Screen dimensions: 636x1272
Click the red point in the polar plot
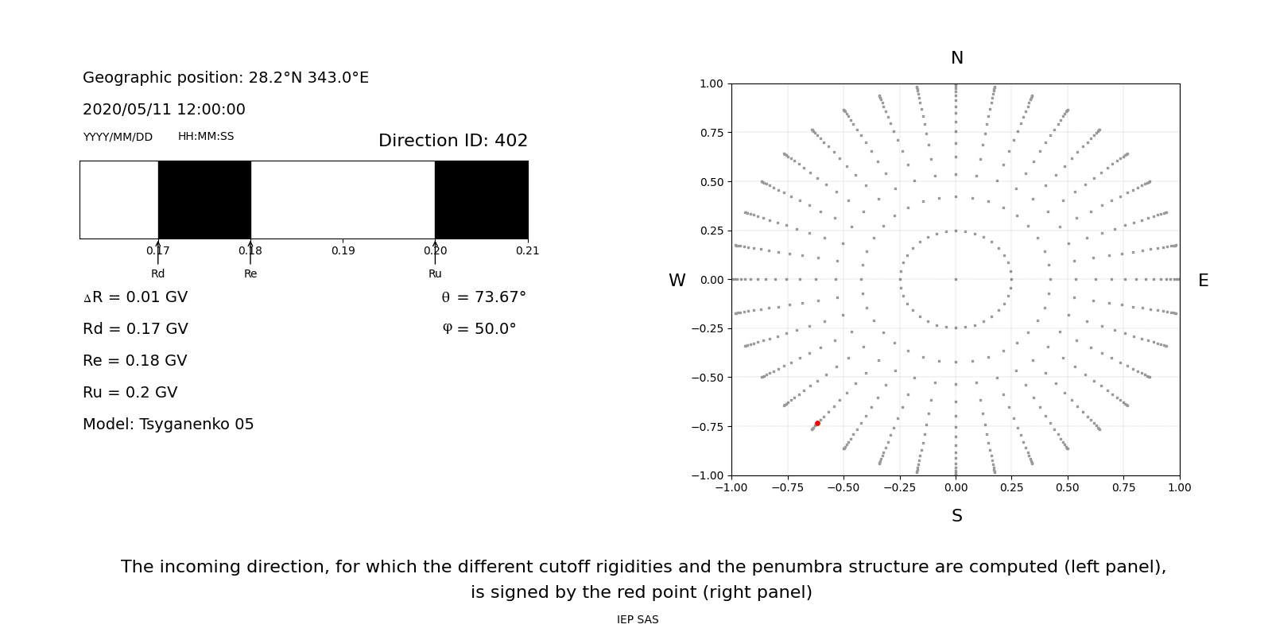(817, 424)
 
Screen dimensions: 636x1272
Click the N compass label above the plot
(956, 58)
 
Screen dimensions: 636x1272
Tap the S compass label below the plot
(956, 516)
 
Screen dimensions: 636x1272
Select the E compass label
(1203, 281)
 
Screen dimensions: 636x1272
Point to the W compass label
(677, 281)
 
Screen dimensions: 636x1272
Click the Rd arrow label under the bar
(157, 274)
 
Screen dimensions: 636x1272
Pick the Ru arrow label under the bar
(435, 274)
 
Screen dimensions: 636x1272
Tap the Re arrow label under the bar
(250, 274)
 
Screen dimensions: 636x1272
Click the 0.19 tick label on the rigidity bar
(343, 251)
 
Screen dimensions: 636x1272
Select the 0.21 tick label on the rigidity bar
(527, 251)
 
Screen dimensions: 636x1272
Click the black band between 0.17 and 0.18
(204, 200)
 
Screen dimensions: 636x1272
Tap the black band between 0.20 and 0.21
(481, 200)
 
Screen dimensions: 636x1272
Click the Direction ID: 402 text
(453, 141)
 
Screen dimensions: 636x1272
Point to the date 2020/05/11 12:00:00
(164, 110)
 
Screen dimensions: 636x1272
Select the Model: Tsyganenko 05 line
(169, 425)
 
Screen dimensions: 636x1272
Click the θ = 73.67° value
(483, 297)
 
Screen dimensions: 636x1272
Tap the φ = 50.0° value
(479, 329)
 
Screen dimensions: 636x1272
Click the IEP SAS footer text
(638, 620)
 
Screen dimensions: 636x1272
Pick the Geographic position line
(226, 78)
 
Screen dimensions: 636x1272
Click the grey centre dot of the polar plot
(956, 279)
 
